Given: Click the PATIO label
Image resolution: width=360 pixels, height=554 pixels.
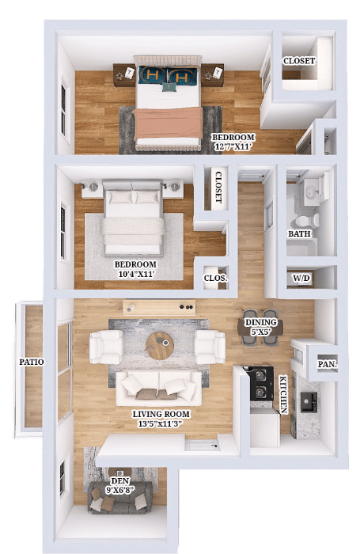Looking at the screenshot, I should coord(32,362).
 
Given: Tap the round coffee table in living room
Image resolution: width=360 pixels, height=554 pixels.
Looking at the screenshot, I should coord(161,344).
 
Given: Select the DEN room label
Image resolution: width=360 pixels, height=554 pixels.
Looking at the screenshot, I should coord(119,480).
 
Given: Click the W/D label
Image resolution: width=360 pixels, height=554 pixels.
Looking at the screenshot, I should coord(301,279).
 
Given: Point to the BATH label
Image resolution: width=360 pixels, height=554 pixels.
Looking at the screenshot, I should coord(299,234).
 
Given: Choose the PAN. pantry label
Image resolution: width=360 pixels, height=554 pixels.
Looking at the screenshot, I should coord(328,365).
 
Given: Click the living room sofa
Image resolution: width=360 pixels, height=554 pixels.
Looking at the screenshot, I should coord(159,387).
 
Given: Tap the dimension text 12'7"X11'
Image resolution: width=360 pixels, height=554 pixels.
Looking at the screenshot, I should coord(233,146).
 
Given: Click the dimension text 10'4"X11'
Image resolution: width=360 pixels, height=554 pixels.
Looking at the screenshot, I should coord(135,275).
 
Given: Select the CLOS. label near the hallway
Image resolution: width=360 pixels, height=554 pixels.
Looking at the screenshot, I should coord(215,279).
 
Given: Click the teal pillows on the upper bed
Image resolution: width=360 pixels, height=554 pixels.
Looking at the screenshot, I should coord(168,77).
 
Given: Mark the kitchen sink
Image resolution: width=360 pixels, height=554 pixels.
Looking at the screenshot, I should coord(307,401).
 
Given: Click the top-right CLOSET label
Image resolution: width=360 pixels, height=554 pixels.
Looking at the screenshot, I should coord(299,61).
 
